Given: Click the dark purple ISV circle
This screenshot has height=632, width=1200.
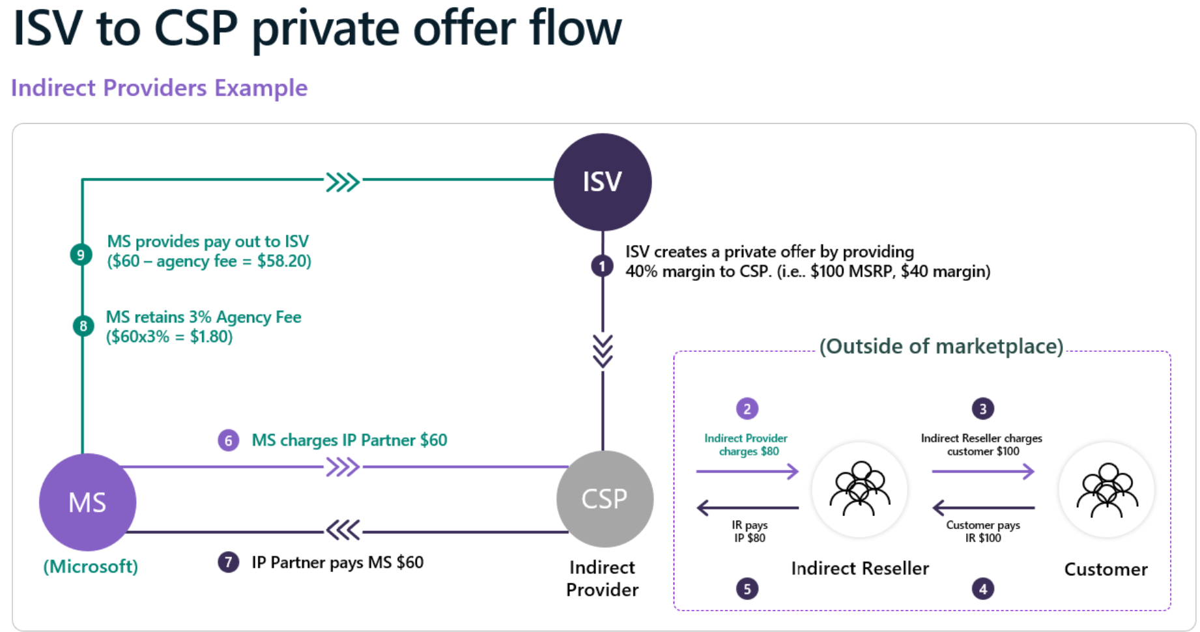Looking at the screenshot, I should (x=602, y=182).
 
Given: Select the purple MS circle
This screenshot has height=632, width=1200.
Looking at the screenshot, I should (x=87, y=502).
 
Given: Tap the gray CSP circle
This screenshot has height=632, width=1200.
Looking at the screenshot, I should (x=605, y=499).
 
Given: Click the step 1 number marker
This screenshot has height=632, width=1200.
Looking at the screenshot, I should (x=602, y=266).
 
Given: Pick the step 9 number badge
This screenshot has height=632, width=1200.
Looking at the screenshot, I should (x=81, y=254).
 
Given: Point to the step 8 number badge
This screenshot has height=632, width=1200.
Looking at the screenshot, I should (x=83, y=325).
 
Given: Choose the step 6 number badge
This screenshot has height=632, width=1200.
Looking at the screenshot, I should (x=228, y=440).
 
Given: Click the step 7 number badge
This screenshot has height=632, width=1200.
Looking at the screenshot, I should (x=228, y=562).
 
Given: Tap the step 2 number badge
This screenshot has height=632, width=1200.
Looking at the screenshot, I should (x=747, y=409).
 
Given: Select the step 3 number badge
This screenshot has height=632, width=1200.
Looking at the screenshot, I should (x=982, y=409).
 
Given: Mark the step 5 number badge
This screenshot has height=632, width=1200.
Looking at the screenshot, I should (x=747, y=589).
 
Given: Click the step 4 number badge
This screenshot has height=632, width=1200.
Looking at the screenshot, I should (x=982, y=589).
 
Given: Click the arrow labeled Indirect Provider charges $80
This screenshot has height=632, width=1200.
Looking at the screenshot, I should (x=747, y=471).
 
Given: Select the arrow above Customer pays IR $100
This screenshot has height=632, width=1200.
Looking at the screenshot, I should (x=983, y=507).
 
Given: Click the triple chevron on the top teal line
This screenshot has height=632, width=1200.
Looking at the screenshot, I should (x=343, y=182).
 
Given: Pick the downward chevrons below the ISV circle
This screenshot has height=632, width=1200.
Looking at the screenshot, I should (x=603, y=351).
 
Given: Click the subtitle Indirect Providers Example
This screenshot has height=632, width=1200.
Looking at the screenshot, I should (x=159, y=88).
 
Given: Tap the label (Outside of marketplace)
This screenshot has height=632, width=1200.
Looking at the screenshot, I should (x=941, y=346).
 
